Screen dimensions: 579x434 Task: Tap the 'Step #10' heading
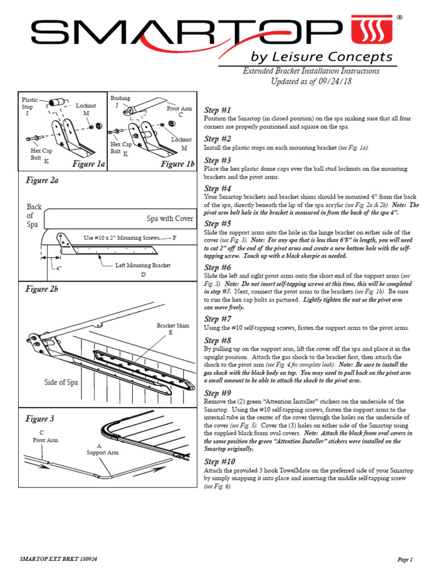[220, 461]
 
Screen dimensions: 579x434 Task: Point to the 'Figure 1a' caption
[89, 164]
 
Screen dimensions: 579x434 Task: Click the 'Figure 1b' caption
[177, 164]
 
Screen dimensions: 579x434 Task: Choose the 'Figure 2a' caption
[42, 180]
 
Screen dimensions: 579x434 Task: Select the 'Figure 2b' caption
[42, 289]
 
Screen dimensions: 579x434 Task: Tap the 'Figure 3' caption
[40, 419]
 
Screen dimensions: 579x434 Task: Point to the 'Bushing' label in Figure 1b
[120, 98]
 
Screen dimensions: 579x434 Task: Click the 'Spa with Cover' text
[170, 218]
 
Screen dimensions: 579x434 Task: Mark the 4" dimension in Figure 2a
[58, 267]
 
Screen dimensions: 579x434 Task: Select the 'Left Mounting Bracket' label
[143, 265]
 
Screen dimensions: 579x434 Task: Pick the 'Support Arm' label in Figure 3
[102, 452]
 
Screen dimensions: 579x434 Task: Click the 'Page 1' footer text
[405, 560]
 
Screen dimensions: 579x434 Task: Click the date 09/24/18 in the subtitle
[333, 81]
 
